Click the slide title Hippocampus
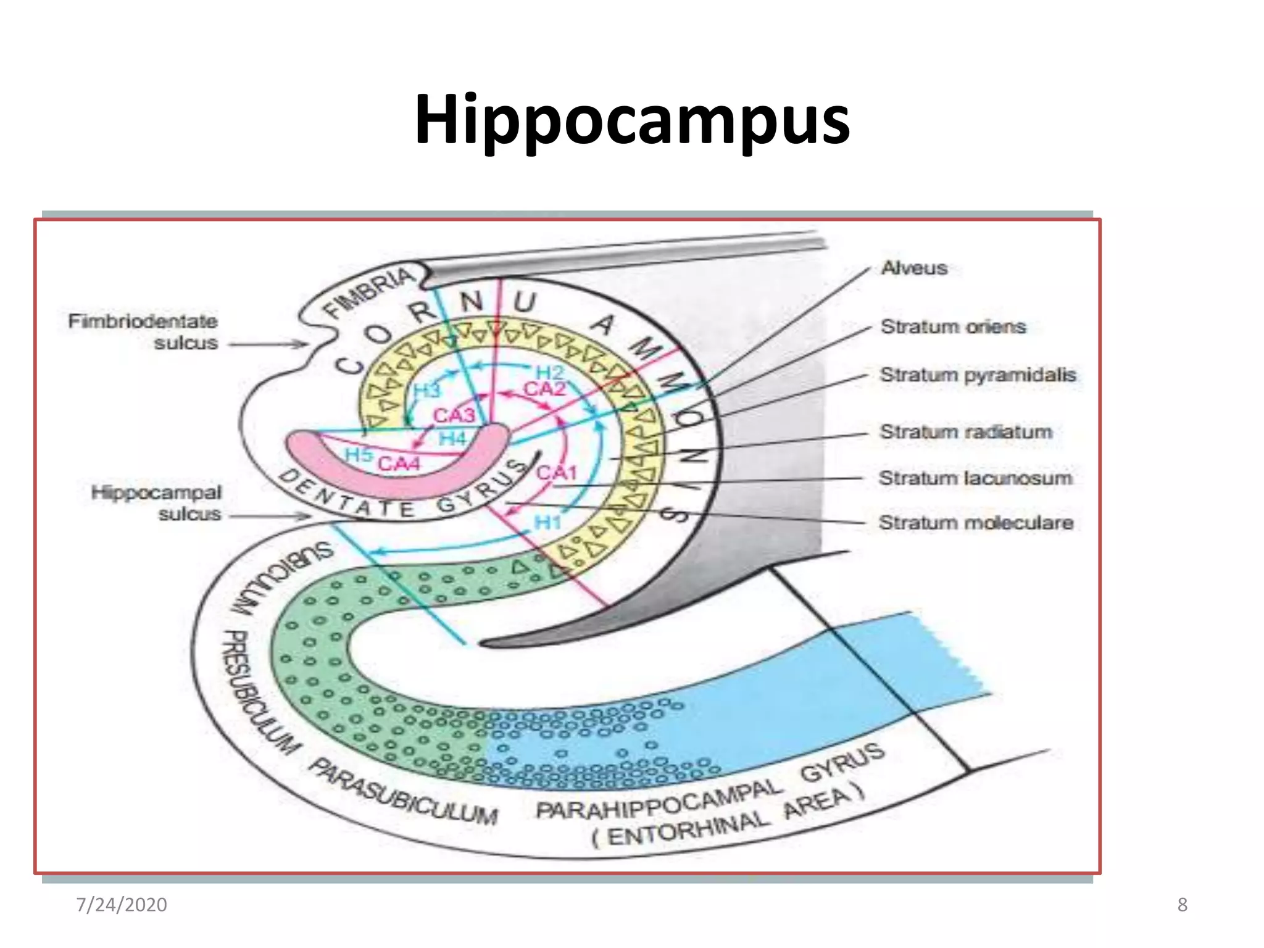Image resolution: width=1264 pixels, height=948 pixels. (632, 120)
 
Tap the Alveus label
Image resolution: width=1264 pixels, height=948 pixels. (914, 268)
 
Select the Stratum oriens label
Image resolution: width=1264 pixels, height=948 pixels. (953, 326)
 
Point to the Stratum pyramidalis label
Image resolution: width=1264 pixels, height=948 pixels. (978, 375)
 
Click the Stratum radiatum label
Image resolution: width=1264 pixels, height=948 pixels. (966, 431)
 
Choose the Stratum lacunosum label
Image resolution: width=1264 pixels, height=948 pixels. (975, 478)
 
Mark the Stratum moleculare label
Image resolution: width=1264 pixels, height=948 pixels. (976, 523)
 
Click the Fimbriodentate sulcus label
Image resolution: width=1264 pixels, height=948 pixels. (143, 332)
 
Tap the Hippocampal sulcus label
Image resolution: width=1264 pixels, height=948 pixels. (157, 503)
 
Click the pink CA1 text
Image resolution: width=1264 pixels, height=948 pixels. (556, 473)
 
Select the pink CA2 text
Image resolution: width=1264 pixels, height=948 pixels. (544, 389)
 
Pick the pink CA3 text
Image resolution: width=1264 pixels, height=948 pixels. (454, 415)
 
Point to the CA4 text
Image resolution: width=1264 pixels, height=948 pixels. (399, 464)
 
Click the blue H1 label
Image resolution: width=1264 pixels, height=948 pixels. (547, 522)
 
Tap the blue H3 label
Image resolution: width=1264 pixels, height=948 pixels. (426, 390)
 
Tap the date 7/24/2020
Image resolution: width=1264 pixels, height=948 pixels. (121, 905)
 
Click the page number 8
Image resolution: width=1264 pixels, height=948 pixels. (1182, 905)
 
